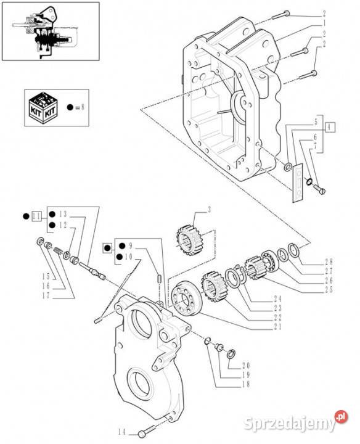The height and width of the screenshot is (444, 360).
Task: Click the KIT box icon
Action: coord(43,108)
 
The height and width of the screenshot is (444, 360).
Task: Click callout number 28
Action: coord(329,261)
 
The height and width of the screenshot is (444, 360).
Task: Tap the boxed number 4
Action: coord(329,128)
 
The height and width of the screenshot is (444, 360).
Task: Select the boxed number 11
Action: coord(37,216)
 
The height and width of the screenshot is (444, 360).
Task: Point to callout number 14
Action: coord(122,432)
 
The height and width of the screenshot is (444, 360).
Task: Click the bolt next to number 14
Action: coord(147,430)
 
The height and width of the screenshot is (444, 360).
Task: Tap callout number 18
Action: coord(246,384)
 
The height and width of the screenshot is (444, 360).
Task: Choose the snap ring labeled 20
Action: coord(232,354)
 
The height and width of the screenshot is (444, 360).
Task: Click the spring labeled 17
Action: coord(59,250)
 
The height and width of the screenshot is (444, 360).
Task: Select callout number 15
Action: coord(46,276)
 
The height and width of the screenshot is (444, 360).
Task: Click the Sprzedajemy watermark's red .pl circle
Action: coord(341,417)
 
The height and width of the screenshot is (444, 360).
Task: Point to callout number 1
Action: coord(324,23)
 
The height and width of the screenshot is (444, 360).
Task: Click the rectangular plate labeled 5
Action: coord(298,183)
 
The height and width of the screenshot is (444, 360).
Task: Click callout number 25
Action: coord(329,290)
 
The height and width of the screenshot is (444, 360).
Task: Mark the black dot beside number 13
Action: coord(52,214)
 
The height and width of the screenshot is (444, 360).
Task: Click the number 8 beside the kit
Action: coord(83,107)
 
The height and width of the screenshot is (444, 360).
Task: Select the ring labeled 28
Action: coord(293,250)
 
